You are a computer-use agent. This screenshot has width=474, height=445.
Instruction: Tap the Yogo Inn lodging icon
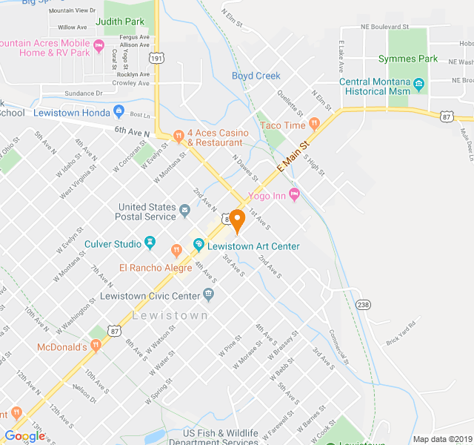point(294,195)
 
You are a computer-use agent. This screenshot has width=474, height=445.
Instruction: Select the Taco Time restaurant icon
point(314,125)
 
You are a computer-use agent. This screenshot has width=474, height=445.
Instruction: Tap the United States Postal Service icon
point(184,216)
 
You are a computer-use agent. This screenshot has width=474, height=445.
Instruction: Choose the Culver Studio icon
point(150,243)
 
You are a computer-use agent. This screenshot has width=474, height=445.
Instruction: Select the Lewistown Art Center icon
point(198,244)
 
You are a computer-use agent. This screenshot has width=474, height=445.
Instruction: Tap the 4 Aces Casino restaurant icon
point(178,136)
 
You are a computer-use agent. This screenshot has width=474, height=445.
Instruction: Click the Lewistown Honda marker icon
point(118,112)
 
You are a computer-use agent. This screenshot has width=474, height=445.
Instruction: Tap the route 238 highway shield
point(363,304)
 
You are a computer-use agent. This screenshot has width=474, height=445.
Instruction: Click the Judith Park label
point(119,23)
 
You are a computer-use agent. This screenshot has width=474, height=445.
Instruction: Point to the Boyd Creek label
point(256,76)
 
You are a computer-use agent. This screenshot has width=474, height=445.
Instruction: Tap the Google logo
point(24,436)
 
